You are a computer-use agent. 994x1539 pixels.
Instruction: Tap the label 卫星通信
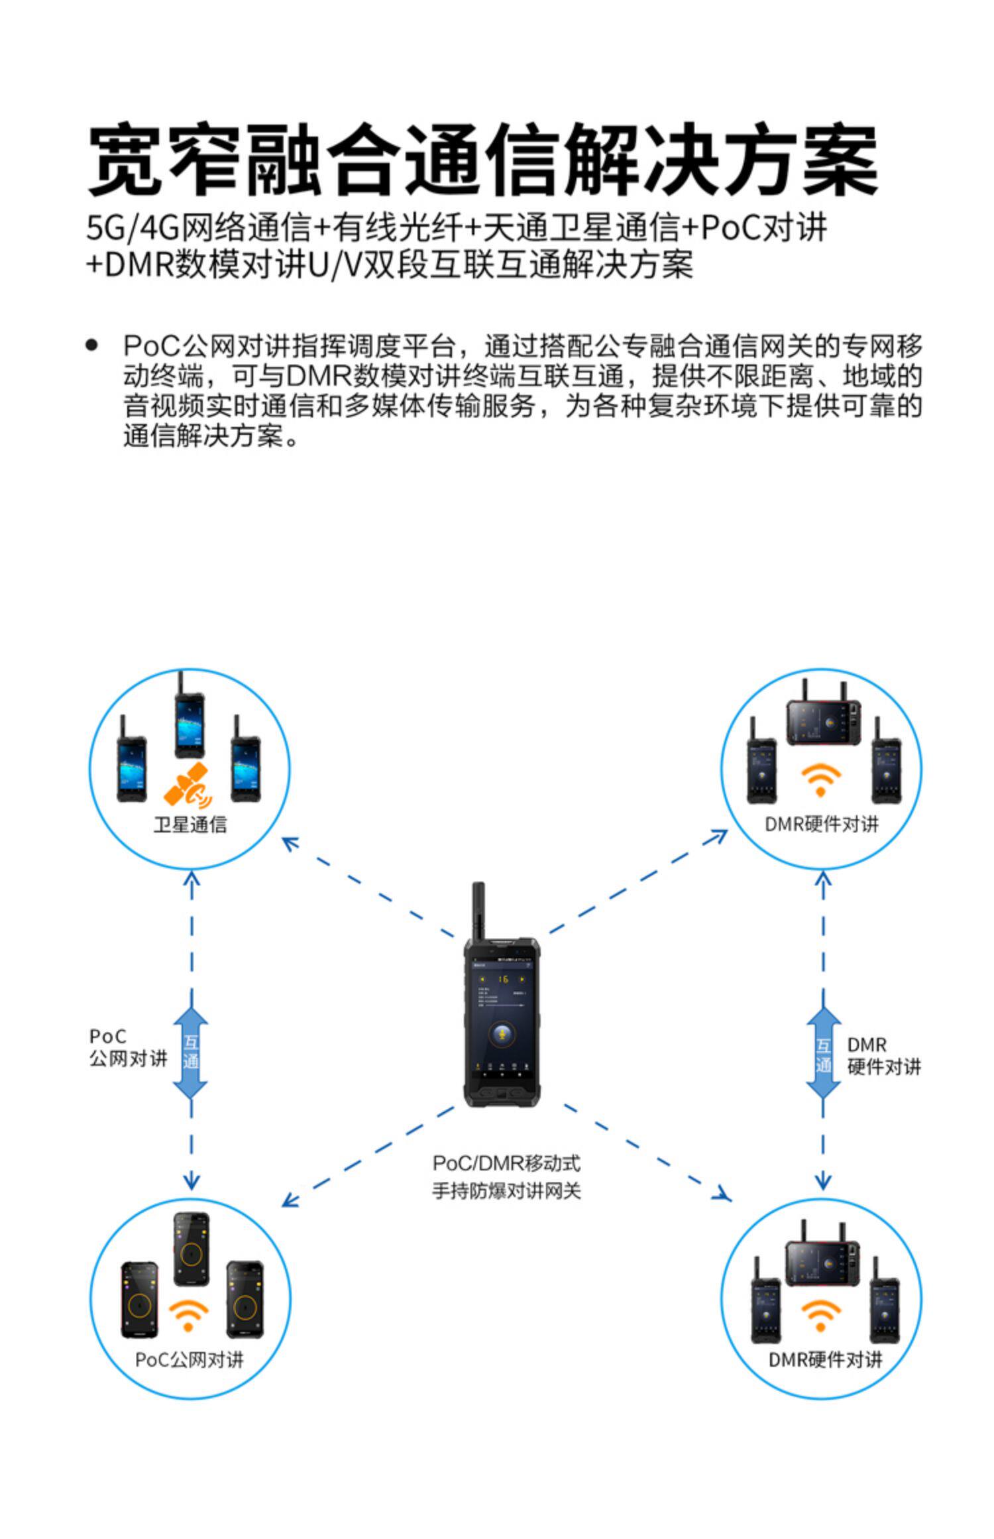[x=190, y=825]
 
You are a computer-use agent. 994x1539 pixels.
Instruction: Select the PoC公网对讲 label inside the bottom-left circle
[x=190, y=1360]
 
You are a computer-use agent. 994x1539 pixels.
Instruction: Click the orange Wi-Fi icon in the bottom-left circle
[x=189, y=1315]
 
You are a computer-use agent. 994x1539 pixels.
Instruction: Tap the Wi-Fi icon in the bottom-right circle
[x=820, y=1315]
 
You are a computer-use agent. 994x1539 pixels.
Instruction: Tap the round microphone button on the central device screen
[x=502, y=1034]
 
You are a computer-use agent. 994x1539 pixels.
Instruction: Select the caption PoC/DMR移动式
[x=506, y=1163]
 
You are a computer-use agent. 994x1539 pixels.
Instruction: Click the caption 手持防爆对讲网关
[x=506, y=1191]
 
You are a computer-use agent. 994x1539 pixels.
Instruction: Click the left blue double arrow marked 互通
[x=191, y=1053]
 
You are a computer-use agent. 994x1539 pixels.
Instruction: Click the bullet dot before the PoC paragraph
[x=92, y=345]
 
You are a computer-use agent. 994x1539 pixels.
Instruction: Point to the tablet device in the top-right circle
[x=824, y=722]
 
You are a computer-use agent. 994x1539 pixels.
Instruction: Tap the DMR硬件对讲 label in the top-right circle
[x=822, y=825]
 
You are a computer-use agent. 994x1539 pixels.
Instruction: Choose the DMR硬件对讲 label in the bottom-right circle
[x=825, y=1360]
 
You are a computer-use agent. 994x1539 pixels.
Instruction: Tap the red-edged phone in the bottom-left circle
[x=140, y=1299]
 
